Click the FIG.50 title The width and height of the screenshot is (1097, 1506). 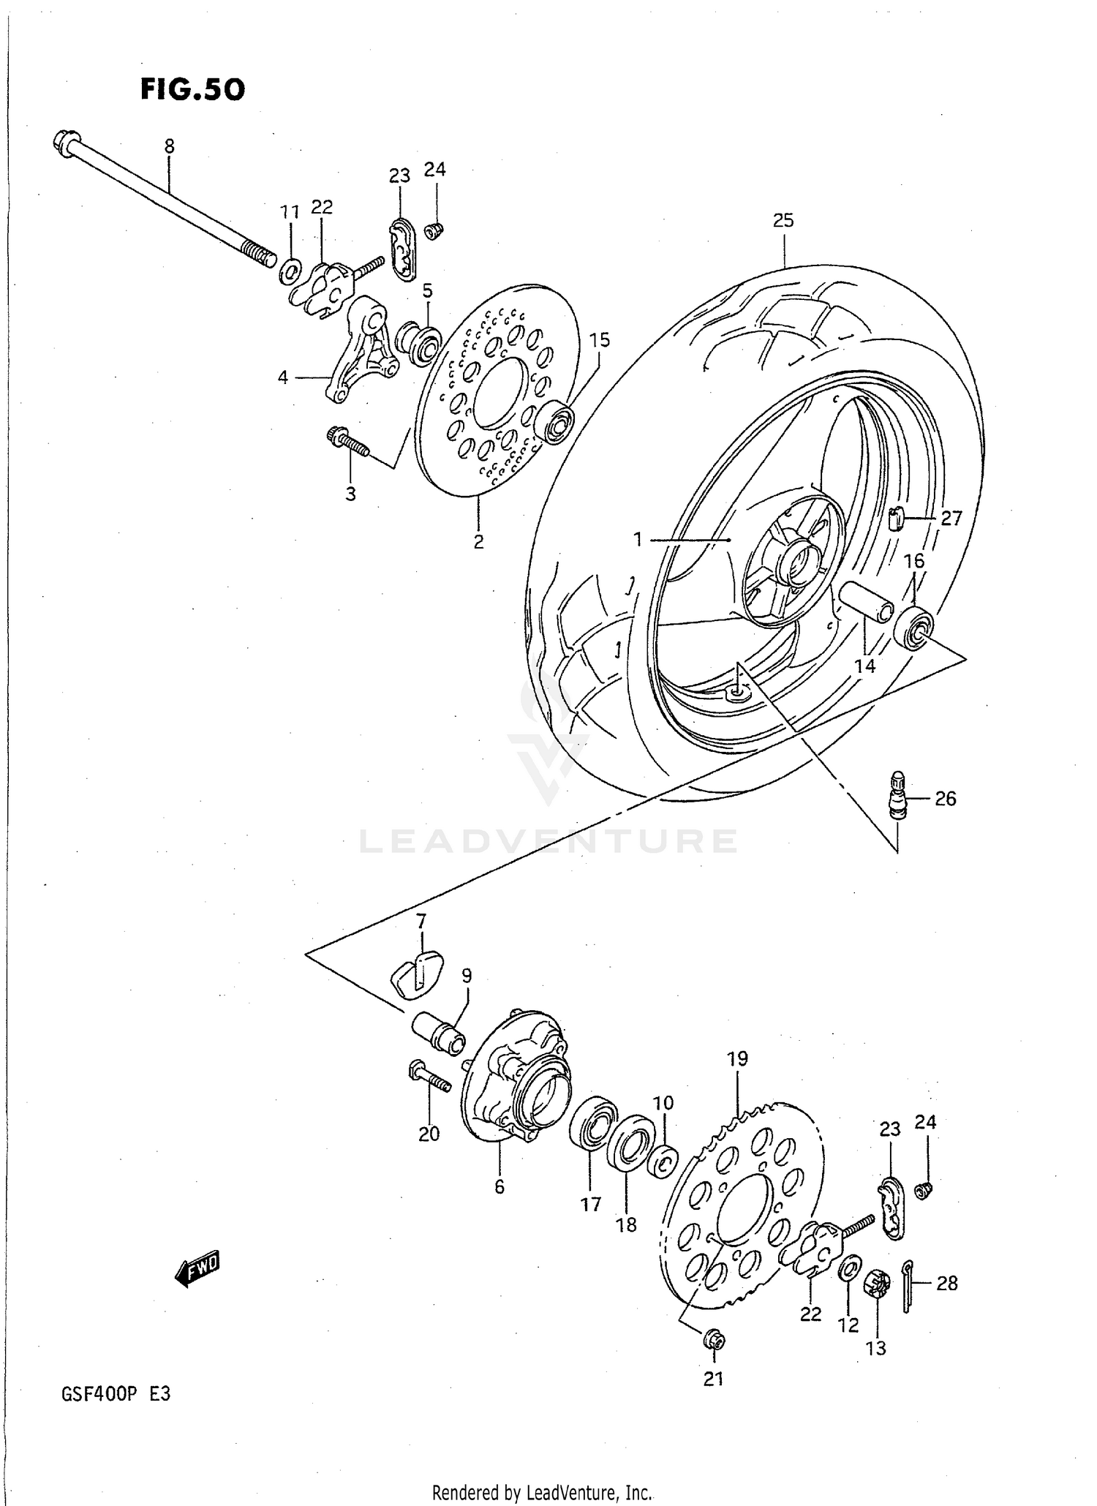click(192, 89)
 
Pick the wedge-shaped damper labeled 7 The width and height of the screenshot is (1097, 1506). click(415, 973)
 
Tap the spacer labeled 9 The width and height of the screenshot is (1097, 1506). click(439, 1032)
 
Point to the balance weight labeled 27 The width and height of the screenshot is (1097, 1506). click(897, 520)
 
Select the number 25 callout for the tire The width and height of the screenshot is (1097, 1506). click(783, 220)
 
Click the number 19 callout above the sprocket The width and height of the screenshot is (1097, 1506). click(737, 1058)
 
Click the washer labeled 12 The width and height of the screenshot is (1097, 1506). click(848, 1269)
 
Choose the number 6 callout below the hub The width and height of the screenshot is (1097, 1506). click(500, 1186)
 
